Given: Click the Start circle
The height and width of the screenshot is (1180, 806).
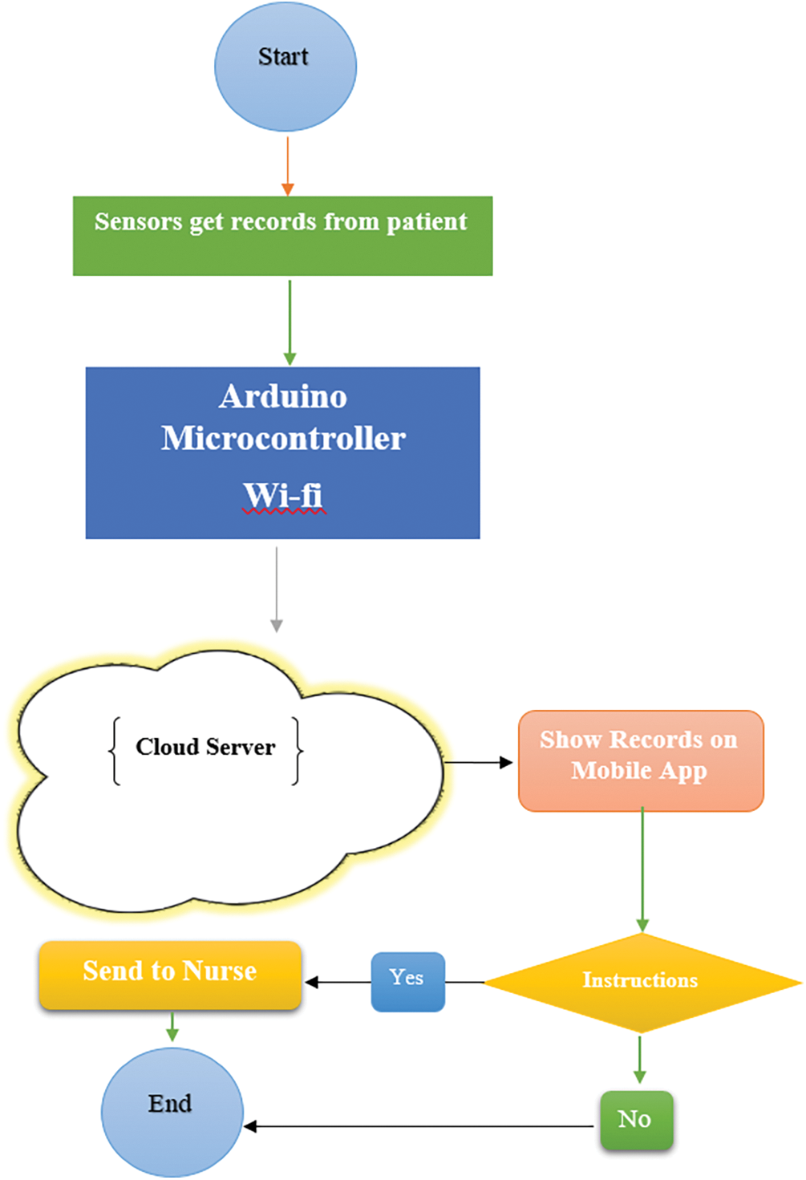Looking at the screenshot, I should (286, 66).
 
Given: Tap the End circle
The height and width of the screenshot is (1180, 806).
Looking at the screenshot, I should (172, 1112).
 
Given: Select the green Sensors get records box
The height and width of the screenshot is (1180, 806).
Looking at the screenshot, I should (282, 236).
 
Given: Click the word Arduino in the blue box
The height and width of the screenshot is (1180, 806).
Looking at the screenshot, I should (283, 396).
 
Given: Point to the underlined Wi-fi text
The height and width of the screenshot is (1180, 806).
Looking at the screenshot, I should (283, 495).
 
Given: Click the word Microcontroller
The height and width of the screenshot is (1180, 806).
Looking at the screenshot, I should (283, 438).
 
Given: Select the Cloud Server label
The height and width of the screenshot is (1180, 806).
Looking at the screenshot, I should (205, 747).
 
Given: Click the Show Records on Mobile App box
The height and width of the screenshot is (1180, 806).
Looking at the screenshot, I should (640, 760).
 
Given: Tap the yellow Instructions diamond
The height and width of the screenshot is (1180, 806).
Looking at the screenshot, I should (641, 980).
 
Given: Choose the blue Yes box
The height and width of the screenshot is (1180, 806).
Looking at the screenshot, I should (407, 980).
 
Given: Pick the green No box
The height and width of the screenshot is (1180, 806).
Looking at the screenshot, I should (636, 1120).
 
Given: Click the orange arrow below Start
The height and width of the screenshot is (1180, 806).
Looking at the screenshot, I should (287, 165).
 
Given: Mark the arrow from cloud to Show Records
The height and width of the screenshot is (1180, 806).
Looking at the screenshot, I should (478, 762).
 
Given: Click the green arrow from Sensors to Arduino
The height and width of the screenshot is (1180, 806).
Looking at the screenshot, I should (290, 322).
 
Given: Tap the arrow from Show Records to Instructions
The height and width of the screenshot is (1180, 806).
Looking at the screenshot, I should (642, 870).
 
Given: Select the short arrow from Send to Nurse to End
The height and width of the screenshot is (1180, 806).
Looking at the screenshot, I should (172, 1027).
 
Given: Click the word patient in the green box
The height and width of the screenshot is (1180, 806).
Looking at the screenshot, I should (427, 222).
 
